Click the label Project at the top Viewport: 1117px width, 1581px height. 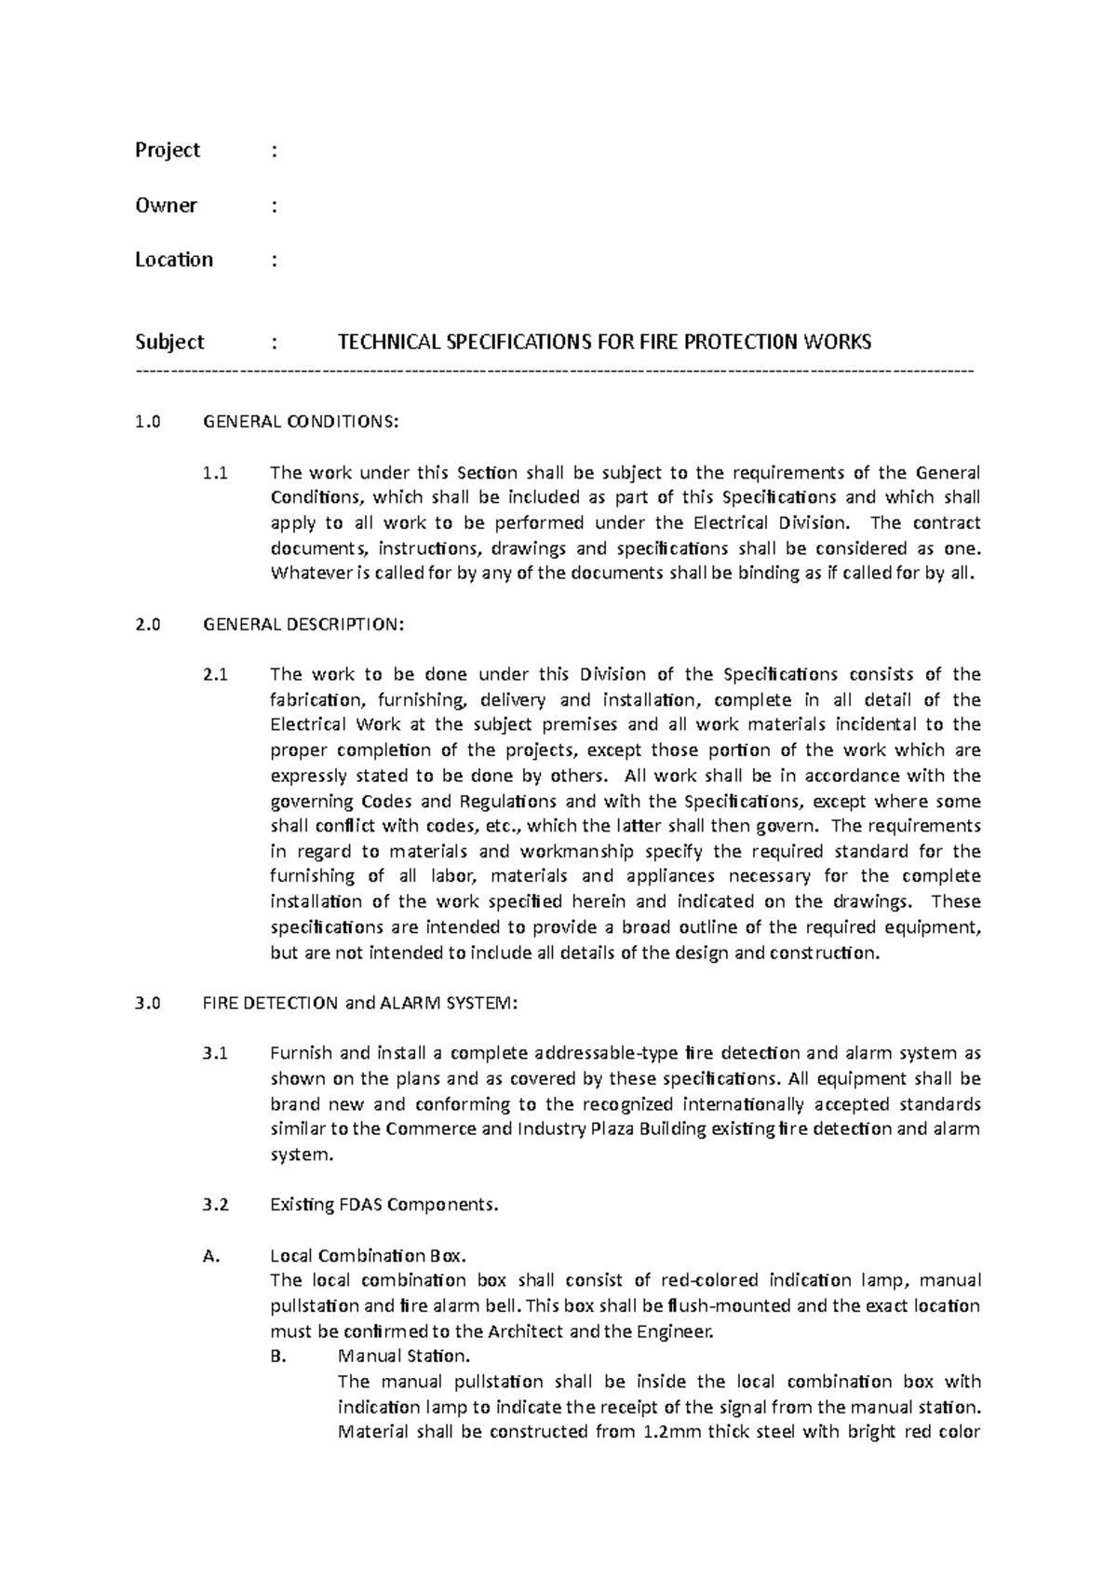[168, 151]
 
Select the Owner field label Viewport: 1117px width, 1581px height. [166, 206]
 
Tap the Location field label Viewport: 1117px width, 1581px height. [174, 260]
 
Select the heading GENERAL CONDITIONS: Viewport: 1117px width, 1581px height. [301, 422]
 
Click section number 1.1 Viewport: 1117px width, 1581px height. [214, 473]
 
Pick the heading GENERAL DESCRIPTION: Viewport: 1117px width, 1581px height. [303, 625]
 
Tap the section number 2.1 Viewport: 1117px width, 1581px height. [214, 675]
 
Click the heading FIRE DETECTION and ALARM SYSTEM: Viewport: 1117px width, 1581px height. [357, 1004]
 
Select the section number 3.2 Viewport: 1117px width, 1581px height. [214, 1205]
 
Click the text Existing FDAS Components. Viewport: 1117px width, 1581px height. [384, 1205]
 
